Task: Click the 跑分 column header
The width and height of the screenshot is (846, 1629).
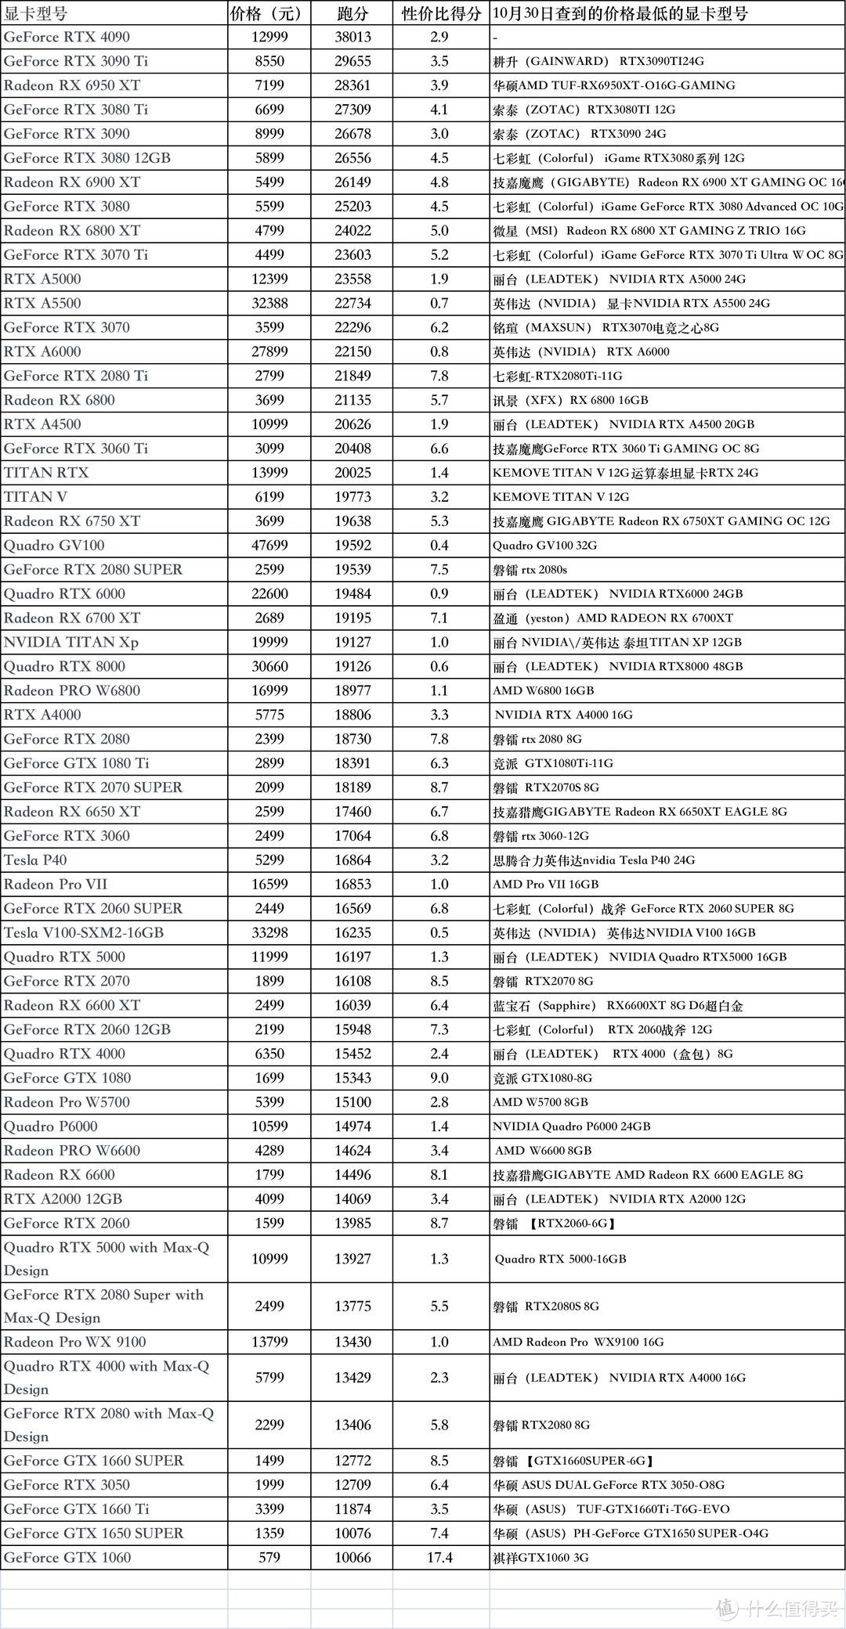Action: point(352,13)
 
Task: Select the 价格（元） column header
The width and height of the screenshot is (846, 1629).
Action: point(266,13)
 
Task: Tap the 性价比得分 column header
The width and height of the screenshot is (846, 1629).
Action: point(441,13)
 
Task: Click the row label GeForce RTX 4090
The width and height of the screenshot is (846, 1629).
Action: point(67,37)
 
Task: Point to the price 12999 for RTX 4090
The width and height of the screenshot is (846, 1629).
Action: point(269,37)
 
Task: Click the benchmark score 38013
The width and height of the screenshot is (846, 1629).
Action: point(352,37)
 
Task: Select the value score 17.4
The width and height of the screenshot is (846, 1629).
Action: point(439,1557)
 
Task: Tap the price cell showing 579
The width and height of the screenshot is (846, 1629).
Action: point(269,1557)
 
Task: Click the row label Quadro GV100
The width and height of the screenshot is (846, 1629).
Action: point(54,545)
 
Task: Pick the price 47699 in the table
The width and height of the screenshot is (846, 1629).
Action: point(269,545)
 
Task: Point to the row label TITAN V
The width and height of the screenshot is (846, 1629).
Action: point(35,496)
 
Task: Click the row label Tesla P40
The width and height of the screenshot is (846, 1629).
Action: point(35,860)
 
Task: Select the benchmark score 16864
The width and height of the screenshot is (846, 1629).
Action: point(352,860)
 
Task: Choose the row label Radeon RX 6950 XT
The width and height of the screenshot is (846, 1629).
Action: point(72,85)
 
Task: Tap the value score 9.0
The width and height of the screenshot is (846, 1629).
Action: point(439,1078)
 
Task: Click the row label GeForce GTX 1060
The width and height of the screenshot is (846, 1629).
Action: point(67,1557)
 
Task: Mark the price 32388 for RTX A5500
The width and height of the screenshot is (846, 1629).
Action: point(269,303)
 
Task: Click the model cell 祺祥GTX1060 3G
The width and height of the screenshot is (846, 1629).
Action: point(540,1557)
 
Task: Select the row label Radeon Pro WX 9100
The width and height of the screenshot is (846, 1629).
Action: point(75,1342)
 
